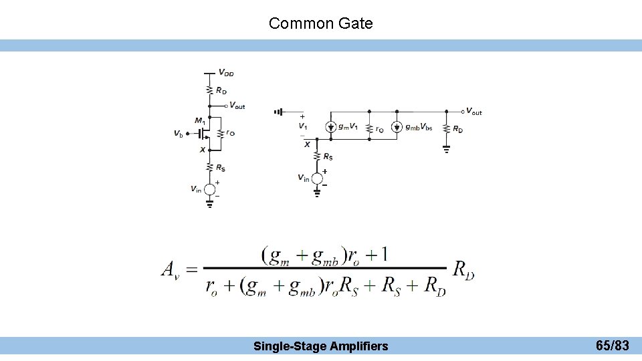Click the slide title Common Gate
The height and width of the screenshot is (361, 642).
point(320,23)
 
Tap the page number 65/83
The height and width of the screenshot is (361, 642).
point(612,346)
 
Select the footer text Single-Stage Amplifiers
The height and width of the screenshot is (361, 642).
point(320,346)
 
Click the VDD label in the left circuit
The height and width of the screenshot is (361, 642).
point(226,73)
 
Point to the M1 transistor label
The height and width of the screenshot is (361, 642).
point(200,120)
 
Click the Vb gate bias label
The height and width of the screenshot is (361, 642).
point(178,134)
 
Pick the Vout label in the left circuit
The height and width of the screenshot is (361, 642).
point(237,106)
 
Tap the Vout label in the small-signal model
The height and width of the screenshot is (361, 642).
point(473,112)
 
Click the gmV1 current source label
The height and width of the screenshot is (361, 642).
point(348,127)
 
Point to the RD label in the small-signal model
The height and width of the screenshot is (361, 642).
point(457,129)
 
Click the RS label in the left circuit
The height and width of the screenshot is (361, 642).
point(220,168)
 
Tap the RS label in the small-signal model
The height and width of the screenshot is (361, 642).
point(327,157)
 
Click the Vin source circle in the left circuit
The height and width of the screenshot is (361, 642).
point(209,189)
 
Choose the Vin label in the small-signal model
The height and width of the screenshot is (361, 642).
point(304,177)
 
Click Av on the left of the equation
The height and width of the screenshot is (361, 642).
point(170,269)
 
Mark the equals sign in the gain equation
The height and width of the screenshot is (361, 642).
point(191,269)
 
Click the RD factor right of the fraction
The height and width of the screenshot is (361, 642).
point(463,269)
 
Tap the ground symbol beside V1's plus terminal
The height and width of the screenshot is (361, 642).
point(278,112)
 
